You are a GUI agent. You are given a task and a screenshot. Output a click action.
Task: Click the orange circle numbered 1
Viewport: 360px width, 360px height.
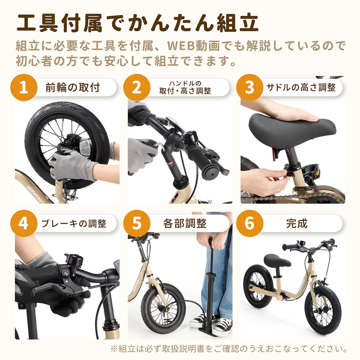pos(24,88)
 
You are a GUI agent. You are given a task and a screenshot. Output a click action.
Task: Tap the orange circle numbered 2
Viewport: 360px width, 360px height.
pos(137,88)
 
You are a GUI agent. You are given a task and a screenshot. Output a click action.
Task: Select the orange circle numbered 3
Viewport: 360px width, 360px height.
pos(249,88)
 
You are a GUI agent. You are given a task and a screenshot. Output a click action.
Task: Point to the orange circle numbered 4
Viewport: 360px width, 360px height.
pos(24,224)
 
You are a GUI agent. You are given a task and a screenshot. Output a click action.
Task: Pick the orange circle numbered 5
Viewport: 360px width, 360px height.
pos(137,224)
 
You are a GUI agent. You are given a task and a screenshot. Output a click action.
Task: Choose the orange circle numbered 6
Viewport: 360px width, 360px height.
pos(249,224)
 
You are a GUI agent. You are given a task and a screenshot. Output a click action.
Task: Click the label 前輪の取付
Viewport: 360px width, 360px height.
pos(72,87)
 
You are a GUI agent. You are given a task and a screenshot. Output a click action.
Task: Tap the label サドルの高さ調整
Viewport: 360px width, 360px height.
pos(301,87)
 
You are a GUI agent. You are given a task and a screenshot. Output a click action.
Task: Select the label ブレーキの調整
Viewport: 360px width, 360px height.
pos(74,224)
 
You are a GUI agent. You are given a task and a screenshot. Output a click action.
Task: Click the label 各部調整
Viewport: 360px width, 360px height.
pos(185,224)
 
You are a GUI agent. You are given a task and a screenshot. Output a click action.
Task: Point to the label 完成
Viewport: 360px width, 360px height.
pos(297,224)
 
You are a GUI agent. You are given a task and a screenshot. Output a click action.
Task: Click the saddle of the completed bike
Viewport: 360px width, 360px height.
pos(276,260)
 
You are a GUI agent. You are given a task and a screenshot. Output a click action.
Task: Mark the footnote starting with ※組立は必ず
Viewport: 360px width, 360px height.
pos(229,349)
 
